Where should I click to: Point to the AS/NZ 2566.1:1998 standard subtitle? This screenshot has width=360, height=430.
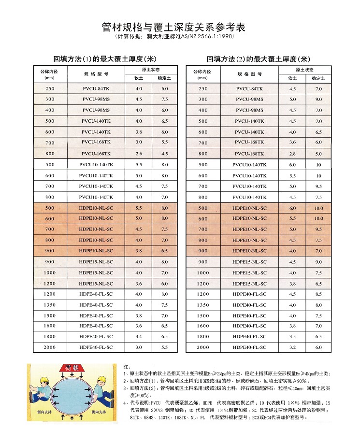180,36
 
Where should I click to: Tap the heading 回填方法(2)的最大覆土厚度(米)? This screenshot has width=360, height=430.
258,59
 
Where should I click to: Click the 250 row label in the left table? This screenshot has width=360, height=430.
50,89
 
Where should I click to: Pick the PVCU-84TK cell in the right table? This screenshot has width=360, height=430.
250,89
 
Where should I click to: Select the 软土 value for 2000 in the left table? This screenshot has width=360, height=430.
139,347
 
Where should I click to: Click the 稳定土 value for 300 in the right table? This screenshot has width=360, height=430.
318,100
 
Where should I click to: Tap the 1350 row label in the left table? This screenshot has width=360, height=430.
50,305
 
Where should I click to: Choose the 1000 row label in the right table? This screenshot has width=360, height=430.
203,273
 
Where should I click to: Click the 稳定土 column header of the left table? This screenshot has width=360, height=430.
165,78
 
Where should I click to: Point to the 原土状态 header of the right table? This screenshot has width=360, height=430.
305,70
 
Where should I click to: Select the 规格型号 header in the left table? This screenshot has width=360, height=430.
96,74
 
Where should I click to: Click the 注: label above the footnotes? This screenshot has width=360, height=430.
127,367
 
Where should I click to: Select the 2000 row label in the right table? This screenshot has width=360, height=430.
203,347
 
